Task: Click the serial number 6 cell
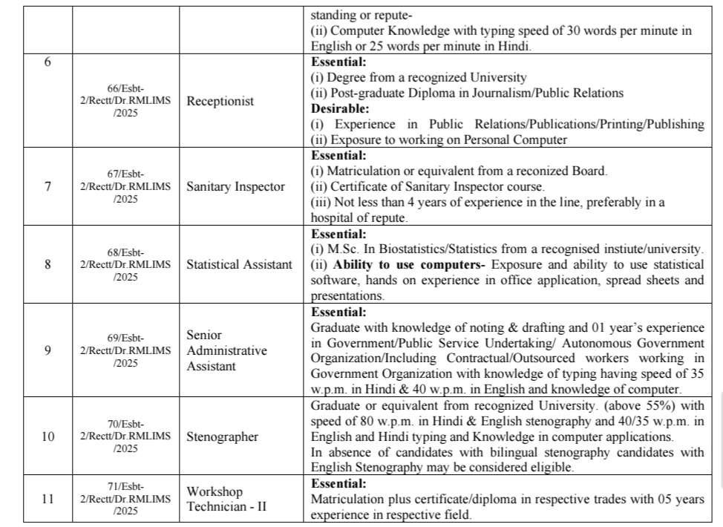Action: pyautogui.click(x=48, y=62)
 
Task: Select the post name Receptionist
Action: pyautogui.click(x=220, y=101)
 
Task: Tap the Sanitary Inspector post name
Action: pyautogui.click(x=235, y=186)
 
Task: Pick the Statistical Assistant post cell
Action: pyautogui.click(x=239, y=264)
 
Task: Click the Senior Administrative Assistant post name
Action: pyautogui.click(x=226, y=350)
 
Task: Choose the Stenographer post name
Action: pyautogui.click(x=222, y=436)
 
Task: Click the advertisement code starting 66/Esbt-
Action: pyautogui.click(x=125, y=101)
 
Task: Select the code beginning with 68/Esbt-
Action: pyautogui.click(x=125, y=264)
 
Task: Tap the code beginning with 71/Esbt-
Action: pyautogui.click(x=125, y=499)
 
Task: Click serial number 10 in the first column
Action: pyautogui.click(x=48, y=436)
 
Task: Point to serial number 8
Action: pyautogui.click(x=48, y=264)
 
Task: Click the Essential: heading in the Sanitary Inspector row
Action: pyautogui.click(x=338, y=155)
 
